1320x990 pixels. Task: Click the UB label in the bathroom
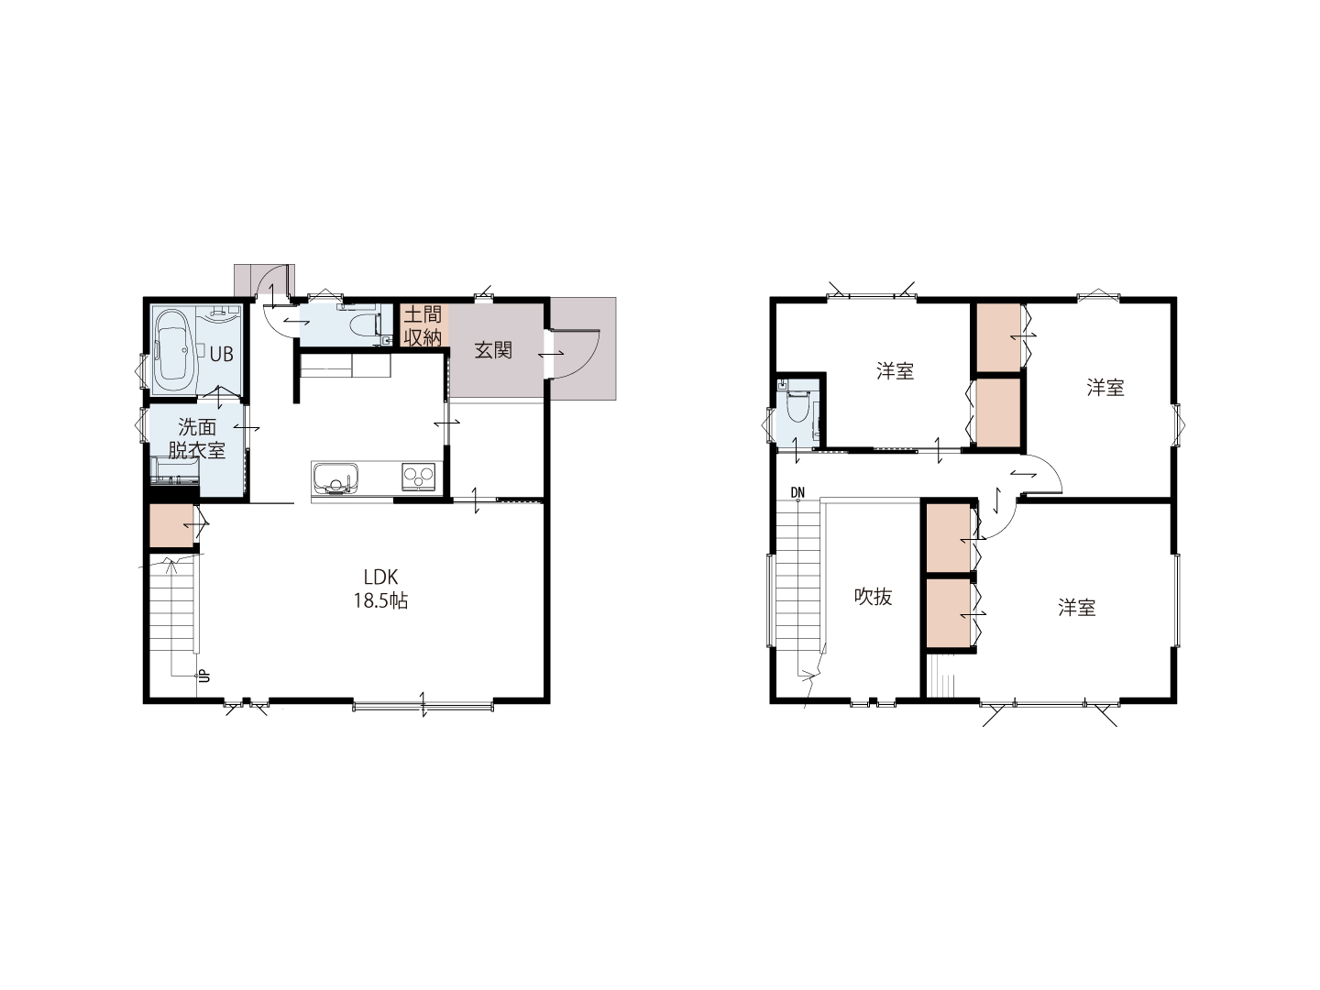click(x=221, y=354)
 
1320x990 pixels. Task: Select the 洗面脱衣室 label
click(x=197, y=439)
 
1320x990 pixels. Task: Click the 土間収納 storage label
click(x=423, y=325)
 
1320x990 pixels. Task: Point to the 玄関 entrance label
click(x=493, y=350)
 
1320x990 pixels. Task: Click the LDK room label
click(x=380, y=577)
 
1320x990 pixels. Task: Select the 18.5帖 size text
click(x=380, y=601)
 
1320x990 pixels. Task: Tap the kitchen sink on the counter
click(x=335, y=478)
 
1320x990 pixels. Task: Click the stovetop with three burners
click(x=419, y=478)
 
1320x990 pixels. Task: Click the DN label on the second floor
click(x=797, y=493)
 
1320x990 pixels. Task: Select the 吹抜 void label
click(x=874, y=596)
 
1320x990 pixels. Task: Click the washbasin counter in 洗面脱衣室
click(x=175, y=470)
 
